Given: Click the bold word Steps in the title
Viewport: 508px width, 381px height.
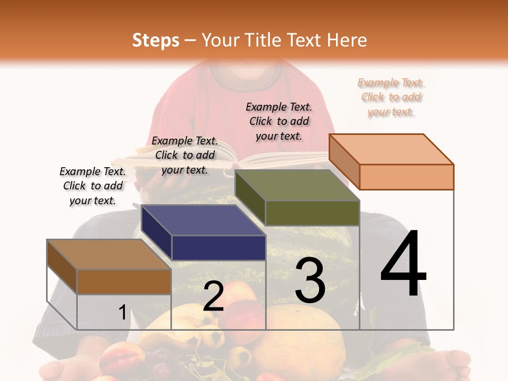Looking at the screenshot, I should coord(156,40).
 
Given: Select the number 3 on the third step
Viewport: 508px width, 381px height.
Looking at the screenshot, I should coord(310,280).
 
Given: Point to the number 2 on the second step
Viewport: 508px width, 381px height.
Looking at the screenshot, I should coord(213,296).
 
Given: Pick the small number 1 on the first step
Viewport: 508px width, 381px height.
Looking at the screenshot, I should coord(122,312).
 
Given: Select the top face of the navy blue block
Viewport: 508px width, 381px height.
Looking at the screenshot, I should coord(203,220).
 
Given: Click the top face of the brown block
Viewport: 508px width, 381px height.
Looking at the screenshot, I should coord(109,255).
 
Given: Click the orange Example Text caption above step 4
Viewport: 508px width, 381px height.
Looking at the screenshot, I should coord(391,97).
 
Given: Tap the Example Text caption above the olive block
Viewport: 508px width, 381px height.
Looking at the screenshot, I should coord(279,121).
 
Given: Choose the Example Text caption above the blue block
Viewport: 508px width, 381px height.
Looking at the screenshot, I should coord(185,155).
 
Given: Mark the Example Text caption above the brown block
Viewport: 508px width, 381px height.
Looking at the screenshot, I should coord(93,186).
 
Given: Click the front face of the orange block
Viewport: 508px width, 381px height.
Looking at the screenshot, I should coord(406,177).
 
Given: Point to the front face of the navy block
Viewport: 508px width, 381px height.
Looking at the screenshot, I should coord(219,248).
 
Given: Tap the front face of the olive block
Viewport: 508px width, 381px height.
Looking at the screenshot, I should coord(312,213).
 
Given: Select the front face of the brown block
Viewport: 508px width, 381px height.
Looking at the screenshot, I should coord(124,282).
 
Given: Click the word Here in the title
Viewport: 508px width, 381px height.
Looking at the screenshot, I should coord(347,40).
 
